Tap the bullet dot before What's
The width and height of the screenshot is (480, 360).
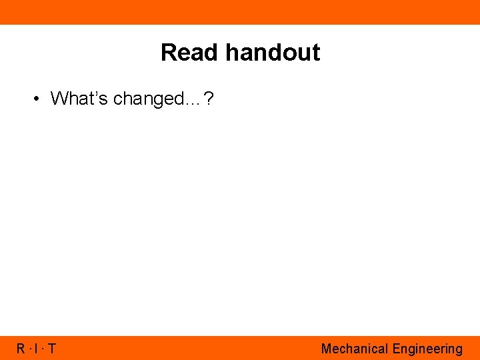click(37, 99)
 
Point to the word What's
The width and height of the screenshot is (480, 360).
click(80, 99)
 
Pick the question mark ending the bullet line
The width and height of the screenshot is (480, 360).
click(209, 99)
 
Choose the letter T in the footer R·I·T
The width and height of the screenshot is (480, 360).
click(52, 349)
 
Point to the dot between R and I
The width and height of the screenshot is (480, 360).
click(30, 349)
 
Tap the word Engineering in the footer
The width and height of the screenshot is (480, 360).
click(427, 349)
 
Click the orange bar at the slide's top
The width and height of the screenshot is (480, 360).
click(240, 12)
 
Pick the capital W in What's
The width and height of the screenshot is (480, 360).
click(57, 99)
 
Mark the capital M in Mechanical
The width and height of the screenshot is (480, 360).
click(326, 349)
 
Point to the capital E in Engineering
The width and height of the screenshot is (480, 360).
click(396, 349)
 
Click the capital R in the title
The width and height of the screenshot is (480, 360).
click(167, 53)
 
